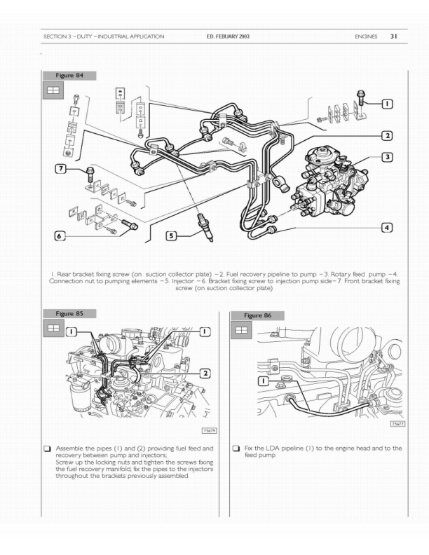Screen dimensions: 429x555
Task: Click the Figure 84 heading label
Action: click(69, 76)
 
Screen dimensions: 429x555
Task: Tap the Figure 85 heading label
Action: click(69, 314)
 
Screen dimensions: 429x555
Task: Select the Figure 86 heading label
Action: click(257, 316)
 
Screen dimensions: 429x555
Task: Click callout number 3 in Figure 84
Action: click(388, 157)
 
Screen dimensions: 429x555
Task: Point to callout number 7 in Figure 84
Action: click(61, 168)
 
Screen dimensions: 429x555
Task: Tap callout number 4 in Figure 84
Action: click(387, 228)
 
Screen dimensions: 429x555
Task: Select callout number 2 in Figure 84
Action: click(388, 135)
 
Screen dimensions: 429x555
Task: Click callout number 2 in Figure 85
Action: click(205, 374)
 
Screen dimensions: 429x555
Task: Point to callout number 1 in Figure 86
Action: click(264, 381)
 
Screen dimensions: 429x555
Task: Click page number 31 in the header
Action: click(394, 36)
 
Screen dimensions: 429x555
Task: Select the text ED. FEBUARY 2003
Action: click(228, 36)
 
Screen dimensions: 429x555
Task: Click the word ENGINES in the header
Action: click(366, 36)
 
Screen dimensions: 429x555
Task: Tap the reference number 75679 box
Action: click(209, 431)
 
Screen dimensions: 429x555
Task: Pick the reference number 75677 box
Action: click(398, 424)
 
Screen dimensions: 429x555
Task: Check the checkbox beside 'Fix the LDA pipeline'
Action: click(236, 448)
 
